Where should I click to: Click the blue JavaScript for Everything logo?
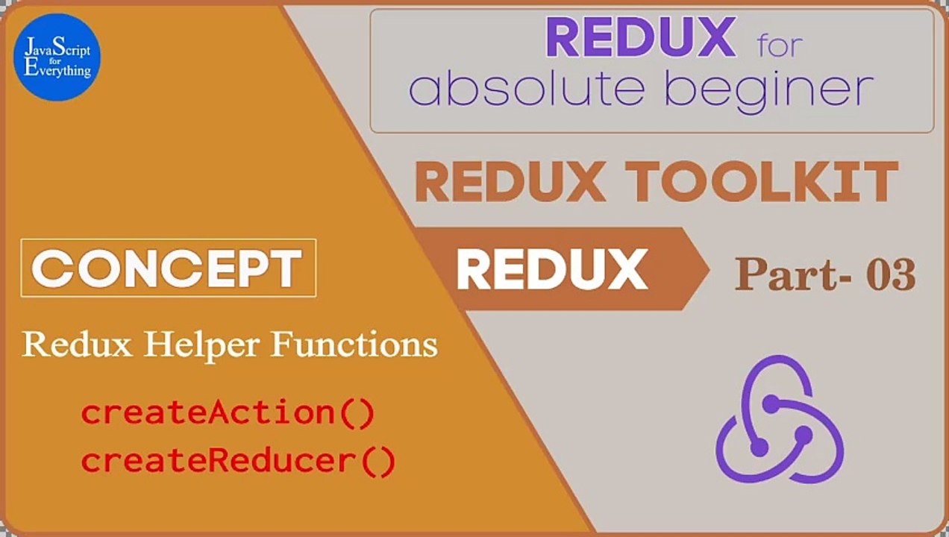point(57,57)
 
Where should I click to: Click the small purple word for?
point(780,45)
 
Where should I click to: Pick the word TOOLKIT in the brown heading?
point(762,182)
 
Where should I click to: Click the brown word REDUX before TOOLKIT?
point(510,182)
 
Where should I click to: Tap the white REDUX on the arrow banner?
point(552,269)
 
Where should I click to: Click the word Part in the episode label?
point(787,274)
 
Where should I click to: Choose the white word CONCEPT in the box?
point(166,268)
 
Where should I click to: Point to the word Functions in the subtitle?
point(354,344)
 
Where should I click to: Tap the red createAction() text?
point(228,413)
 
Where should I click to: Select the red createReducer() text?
point(238,462)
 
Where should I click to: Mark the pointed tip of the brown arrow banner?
point(710,269)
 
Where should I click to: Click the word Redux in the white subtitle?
point(77,345)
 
